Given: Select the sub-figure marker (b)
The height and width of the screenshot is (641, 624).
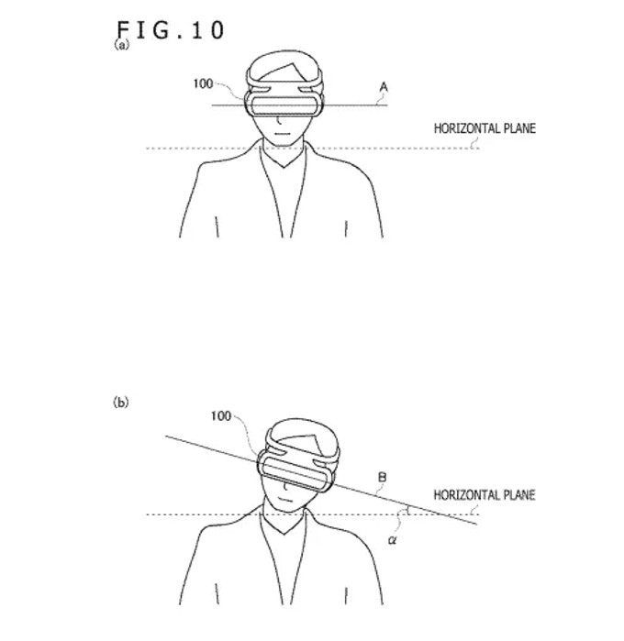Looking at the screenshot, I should coord(120,402).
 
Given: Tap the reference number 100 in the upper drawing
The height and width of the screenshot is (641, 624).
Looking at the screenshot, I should coord(202,83).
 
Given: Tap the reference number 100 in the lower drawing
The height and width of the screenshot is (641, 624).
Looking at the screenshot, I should coord(220,415).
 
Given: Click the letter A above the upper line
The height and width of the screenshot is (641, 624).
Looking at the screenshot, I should coord(384,88).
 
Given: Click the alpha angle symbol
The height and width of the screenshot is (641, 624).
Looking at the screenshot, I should coord(392,540).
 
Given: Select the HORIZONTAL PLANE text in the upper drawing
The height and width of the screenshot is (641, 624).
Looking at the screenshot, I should coord(485,129).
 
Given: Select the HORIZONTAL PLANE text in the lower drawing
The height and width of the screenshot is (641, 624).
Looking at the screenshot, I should coord(485,495).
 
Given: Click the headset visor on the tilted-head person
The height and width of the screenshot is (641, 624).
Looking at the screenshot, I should coord(297,473).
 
